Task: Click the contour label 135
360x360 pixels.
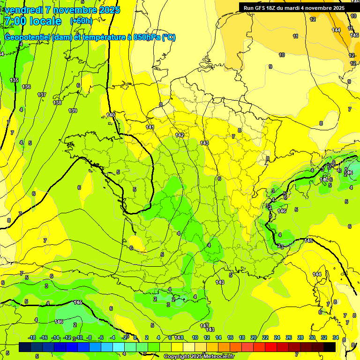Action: pos(15,80)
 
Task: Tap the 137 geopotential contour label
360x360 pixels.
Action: pos(42,95)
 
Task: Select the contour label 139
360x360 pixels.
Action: pos(72,111)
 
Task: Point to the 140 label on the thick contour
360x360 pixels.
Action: pos(111,115)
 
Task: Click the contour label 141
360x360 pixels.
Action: pos(150,127)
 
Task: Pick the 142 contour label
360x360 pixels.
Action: pos(180,135)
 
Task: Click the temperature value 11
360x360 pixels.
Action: pos(295,36)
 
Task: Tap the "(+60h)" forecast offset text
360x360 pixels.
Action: pos(81,21)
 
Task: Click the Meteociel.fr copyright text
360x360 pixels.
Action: pos(199,357)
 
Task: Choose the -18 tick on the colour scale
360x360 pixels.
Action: pos(32,337)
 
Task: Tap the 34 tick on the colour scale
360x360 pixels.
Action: pos(336,337)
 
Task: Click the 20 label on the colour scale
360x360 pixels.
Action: pos(254,337)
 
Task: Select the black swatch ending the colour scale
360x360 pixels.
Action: pos(330,347)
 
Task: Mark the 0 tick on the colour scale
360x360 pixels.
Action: pos(135,337)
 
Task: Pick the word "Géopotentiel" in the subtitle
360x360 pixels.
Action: pos(28,37)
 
